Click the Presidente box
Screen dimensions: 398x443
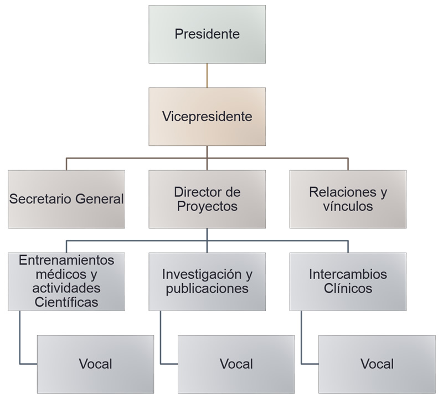pos(207,34)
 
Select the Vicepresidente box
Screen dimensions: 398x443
pos(207,117)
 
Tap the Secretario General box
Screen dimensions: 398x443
pos(66,199)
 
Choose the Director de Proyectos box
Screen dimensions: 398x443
pos(207,199)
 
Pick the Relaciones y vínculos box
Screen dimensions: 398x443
pos(348,199)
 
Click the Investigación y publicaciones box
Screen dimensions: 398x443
pos(207,281)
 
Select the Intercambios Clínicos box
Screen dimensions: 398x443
pos(348,281)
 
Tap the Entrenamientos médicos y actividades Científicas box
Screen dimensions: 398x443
pos(66,281)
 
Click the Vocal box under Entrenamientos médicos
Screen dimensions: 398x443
pos(95,364)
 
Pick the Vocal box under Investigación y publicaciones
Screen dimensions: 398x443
pos(236,364)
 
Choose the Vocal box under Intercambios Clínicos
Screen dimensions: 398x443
pos(377,364)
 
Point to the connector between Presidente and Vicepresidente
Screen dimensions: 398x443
pos(207,75)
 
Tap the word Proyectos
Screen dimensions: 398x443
pos(207,207)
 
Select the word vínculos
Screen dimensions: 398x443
pos(348,207)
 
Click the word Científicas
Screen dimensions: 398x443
pos(66,302)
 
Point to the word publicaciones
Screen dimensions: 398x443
pos(207,289)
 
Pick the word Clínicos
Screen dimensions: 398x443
pos(348,289)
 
